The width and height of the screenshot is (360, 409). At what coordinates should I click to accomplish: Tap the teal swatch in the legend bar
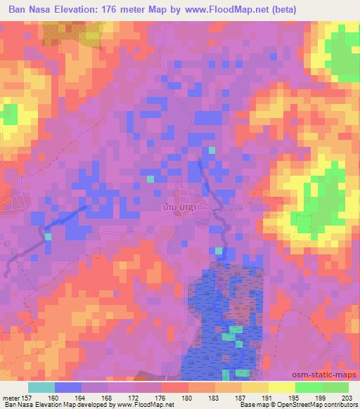41,387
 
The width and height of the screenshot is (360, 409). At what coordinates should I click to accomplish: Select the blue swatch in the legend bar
68,387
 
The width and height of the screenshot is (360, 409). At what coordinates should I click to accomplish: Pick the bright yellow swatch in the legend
281,387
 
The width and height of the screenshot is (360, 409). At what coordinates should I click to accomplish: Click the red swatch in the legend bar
174,387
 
